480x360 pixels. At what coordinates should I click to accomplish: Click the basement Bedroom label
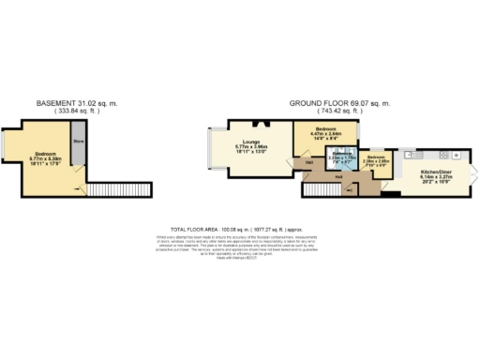(x=46, y=157)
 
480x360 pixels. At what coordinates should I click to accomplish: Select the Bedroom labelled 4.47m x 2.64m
(x=326, y=132)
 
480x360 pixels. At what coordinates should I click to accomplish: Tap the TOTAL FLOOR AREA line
(x=239, y=228)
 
